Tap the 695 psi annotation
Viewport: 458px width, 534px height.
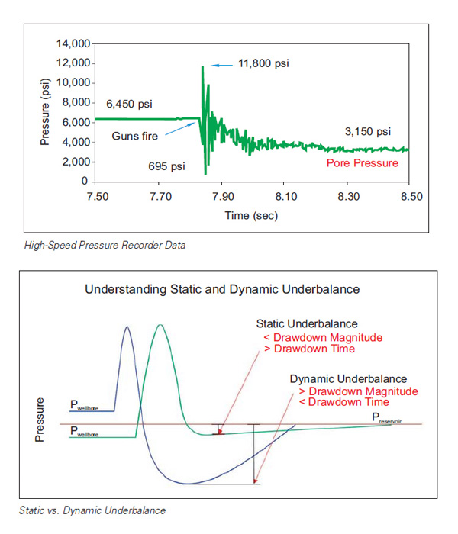(x=166, y=165)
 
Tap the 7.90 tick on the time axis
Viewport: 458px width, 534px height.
(x=222, y=197)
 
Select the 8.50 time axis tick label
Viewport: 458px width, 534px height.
(x=411, y=197)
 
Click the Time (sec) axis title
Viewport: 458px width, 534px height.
(x=251, y=216)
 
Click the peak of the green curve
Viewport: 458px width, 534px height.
(x=160, y=325)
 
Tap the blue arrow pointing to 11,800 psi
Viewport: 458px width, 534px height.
(x=221, y=65)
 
